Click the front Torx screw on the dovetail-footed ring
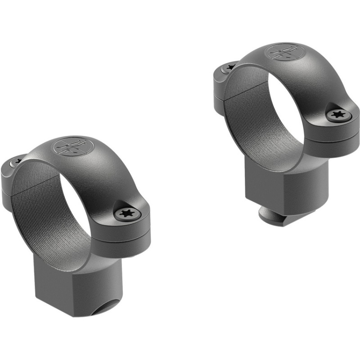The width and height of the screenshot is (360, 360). [x=338, y=116]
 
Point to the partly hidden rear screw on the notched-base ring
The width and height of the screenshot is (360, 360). [x=18, y=159]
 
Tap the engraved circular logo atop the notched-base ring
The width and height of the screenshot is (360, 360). [x=73, y=147]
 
